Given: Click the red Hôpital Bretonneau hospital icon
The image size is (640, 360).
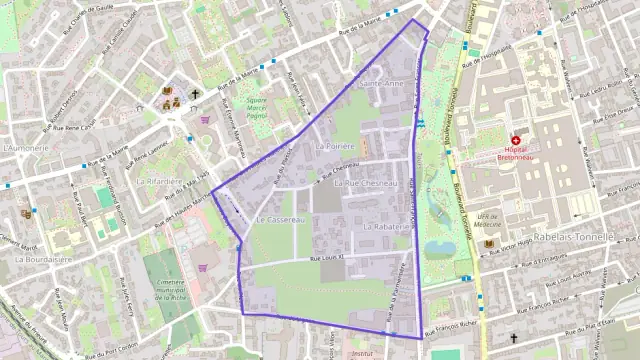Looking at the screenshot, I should pos(515,141).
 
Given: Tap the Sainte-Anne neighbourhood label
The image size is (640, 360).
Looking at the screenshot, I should pos(381,84).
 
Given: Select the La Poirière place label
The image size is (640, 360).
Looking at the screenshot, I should pos(335,146).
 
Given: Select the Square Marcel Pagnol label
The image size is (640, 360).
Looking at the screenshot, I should pos(257,107).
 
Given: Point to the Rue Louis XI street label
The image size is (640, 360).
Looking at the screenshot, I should pos(327,258).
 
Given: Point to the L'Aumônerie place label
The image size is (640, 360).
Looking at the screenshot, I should pos(26,147).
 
